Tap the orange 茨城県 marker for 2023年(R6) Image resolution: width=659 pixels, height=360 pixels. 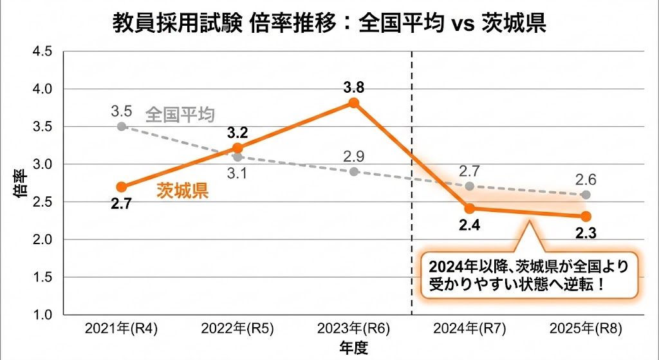tap(353, 103)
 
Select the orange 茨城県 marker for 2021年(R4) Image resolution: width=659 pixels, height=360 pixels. tap(121, 187)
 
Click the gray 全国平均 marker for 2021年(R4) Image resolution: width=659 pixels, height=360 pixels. tap(121, 126)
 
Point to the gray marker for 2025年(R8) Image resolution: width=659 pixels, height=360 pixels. tap(586, 194)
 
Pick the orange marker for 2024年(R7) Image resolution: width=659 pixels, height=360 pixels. tap(470, 209)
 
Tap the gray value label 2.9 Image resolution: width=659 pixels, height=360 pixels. tap(353, 156)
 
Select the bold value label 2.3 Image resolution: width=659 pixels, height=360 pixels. tap(586, 233)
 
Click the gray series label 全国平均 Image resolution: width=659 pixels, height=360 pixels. tap(180, 115)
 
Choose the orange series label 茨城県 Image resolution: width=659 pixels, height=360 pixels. tap(183, 191)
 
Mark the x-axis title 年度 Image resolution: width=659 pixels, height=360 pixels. tap(353, 348)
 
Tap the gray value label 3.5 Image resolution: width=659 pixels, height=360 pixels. tap(121, 111)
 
